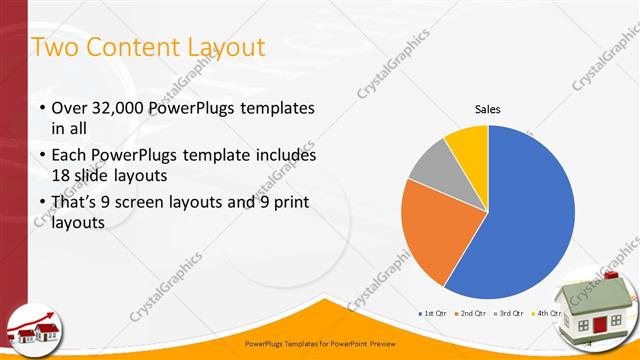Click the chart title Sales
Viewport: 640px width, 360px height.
(x=487, y=110)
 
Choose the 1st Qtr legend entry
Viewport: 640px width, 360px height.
(x=432, y=313)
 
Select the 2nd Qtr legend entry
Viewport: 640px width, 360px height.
(x=469, y=313)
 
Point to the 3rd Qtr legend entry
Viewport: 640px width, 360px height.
(x=508, y=313)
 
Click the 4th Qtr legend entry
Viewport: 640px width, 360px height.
(x=547, y=313)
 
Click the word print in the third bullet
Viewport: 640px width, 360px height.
(x=283, y=203)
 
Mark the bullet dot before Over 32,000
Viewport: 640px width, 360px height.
(x=41, y=108)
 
